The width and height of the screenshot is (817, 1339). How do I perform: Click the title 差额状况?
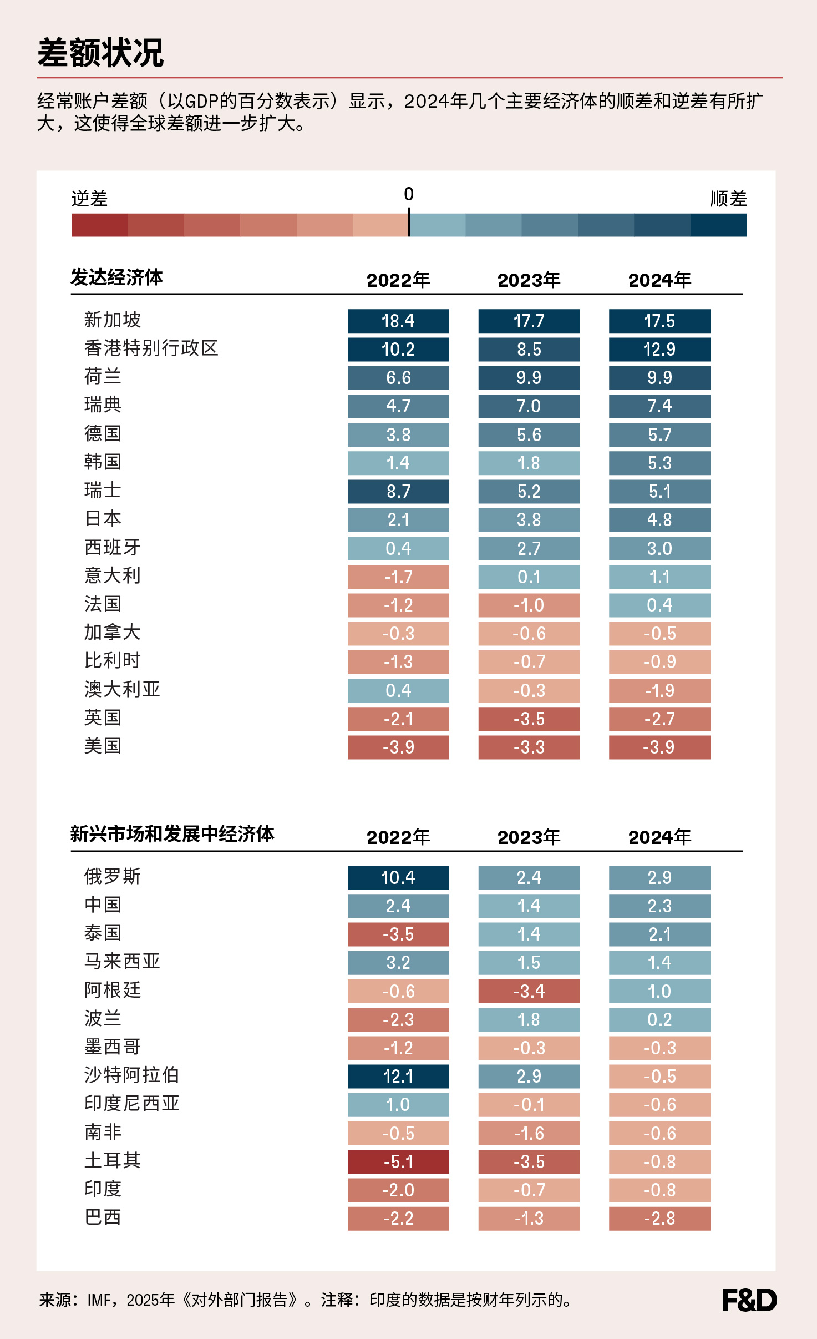[x=100, y=53]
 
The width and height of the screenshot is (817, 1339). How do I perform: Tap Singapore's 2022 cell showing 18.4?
[x=398, y=321]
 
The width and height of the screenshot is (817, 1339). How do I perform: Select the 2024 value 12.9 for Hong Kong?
[x=659, y=349]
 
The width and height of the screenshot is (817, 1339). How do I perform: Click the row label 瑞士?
[x=103, y=491]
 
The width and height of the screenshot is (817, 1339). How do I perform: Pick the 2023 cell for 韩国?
[x=529, y=463]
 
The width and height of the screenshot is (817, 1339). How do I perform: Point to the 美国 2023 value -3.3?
[x=529, y=747]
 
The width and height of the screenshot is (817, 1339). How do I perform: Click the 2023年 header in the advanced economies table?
[x=529, y=280]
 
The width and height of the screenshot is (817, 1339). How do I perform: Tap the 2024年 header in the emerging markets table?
[x=659, y=837]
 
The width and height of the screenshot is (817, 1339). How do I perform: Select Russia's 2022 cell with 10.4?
[x=398, y=877]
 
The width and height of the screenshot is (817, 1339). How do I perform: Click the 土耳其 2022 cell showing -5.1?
[x=398, y=1161]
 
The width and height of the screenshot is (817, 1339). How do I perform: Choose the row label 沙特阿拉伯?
[x=131, y=1075]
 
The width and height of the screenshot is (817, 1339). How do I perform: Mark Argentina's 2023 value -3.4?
[x=529, y=991]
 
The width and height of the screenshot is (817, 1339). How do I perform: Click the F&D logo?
[x=749, y=1300]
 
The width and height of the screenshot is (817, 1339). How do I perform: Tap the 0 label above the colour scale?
[x=409, y=194]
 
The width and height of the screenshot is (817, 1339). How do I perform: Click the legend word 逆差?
[x=90, y=199]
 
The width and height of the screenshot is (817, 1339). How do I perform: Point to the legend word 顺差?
[x=728, y=199]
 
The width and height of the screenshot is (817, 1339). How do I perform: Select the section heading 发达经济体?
[x=116, y=277]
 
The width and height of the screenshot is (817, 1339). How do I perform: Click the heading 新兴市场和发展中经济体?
[x=172, y=833]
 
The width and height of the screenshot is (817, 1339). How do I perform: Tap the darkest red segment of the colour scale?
[x=100, y=225]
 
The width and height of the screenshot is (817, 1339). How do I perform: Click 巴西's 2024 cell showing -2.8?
[x=659, y=1218]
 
